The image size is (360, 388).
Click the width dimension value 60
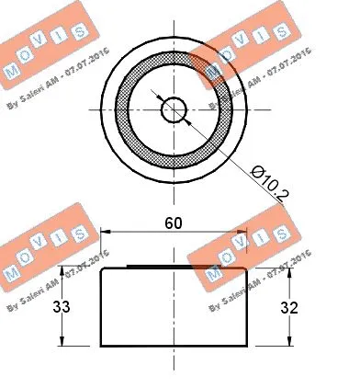coord(173,222)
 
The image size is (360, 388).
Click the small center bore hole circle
coord(173,110)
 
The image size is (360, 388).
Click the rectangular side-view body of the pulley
coord(173,308)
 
